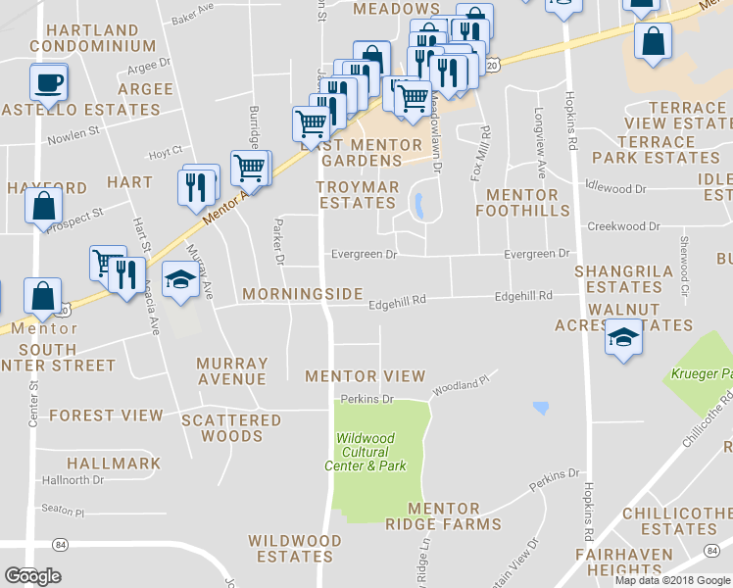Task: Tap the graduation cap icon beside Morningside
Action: (179, 281)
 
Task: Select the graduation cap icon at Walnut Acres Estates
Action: (622, 338)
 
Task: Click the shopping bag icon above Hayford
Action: (44, 206)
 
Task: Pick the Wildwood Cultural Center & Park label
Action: (366, 452)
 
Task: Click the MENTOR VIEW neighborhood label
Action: (365, 375)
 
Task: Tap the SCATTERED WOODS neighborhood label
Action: (231, 427)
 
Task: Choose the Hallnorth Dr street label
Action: (73, 480)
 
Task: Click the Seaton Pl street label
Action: (64, 512)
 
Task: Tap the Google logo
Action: (32, 575)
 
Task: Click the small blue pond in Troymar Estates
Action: (418, 206)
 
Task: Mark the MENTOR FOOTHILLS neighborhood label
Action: (522, 203)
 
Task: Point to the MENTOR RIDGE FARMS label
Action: (443, 516)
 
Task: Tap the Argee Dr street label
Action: (147, 70)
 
